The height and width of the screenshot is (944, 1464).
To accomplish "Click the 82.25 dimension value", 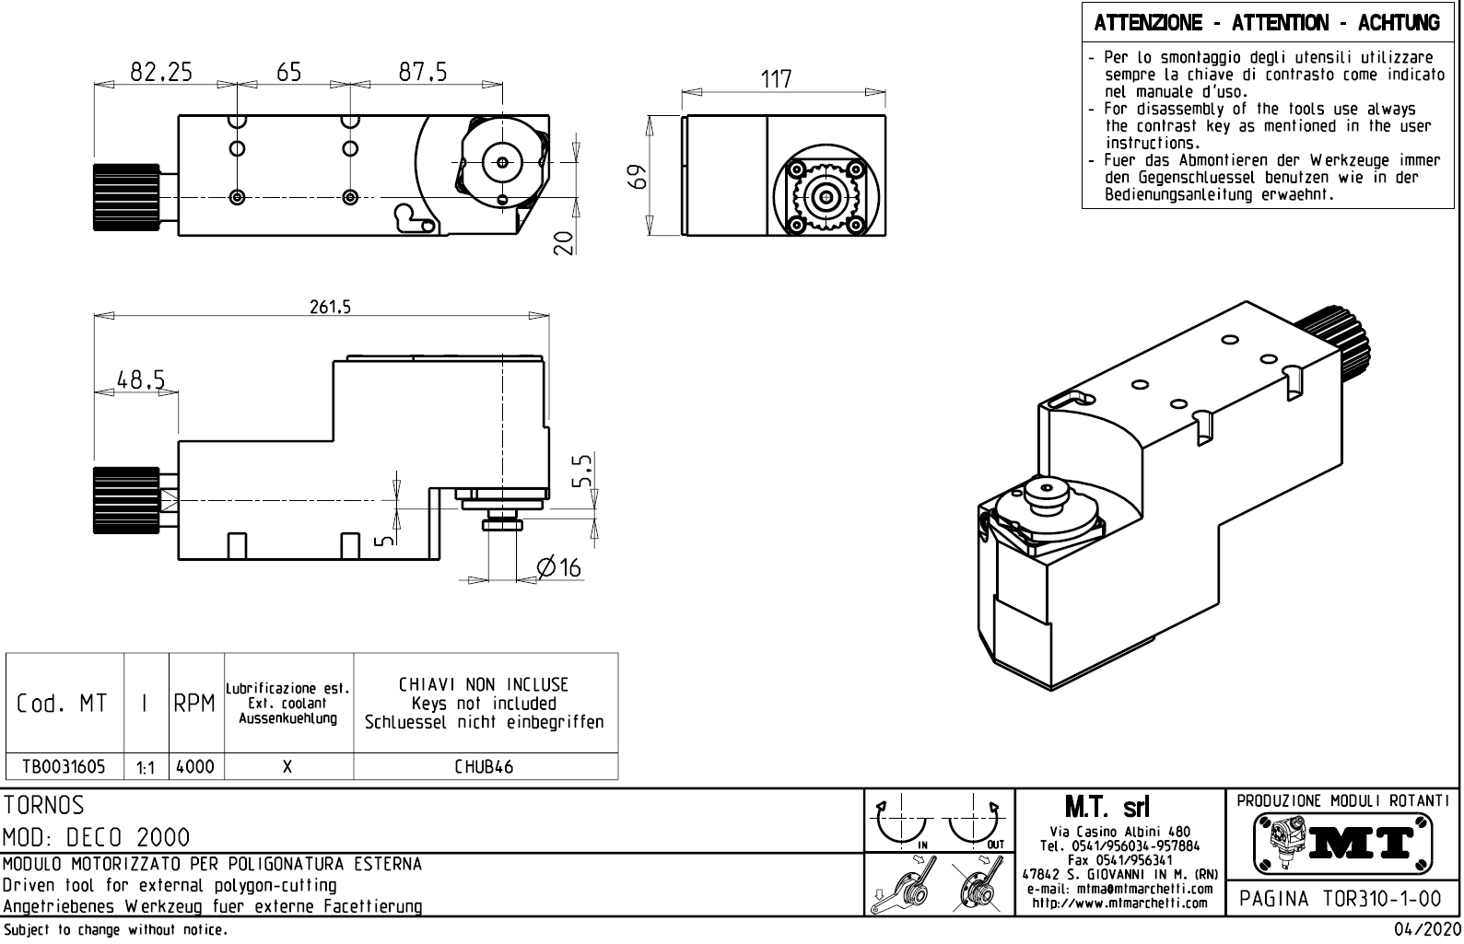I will (161, 72).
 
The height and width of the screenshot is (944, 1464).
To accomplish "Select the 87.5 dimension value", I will (423, 72).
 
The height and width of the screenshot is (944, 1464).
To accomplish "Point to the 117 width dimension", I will (777, 79).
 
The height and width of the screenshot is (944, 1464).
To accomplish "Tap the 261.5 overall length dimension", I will (329, 308).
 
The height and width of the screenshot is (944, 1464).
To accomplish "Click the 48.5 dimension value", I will (140, 379).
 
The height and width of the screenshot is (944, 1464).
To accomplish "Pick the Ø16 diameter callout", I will (559, 567).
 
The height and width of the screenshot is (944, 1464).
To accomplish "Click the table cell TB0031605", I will (64, 766).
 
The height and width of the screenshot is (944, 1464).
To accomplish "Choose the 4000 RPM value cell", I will (195, 766).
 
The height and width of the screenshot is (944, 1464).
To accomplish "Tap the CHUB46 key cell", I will (484, 766).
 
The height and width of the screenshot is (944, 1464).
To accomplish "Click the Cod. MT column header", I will (62, 704).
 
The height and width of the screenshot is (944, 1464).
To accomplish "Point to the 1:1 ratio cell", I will (146, 767).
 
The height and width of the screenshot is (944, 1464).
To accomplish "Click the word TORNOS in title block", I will (43, 806).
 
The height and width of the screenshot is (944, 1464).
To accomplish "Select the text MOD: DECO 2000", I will (96, 837).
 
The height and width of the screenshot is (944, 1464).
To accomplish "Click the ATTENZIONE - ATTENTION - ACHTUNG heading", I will (1267, 22).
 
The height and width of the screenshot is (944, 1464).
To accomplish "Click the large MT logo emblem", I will (1342, 841).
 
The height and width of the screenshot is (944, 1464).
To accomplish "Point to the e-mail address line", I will (1118, 889).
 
